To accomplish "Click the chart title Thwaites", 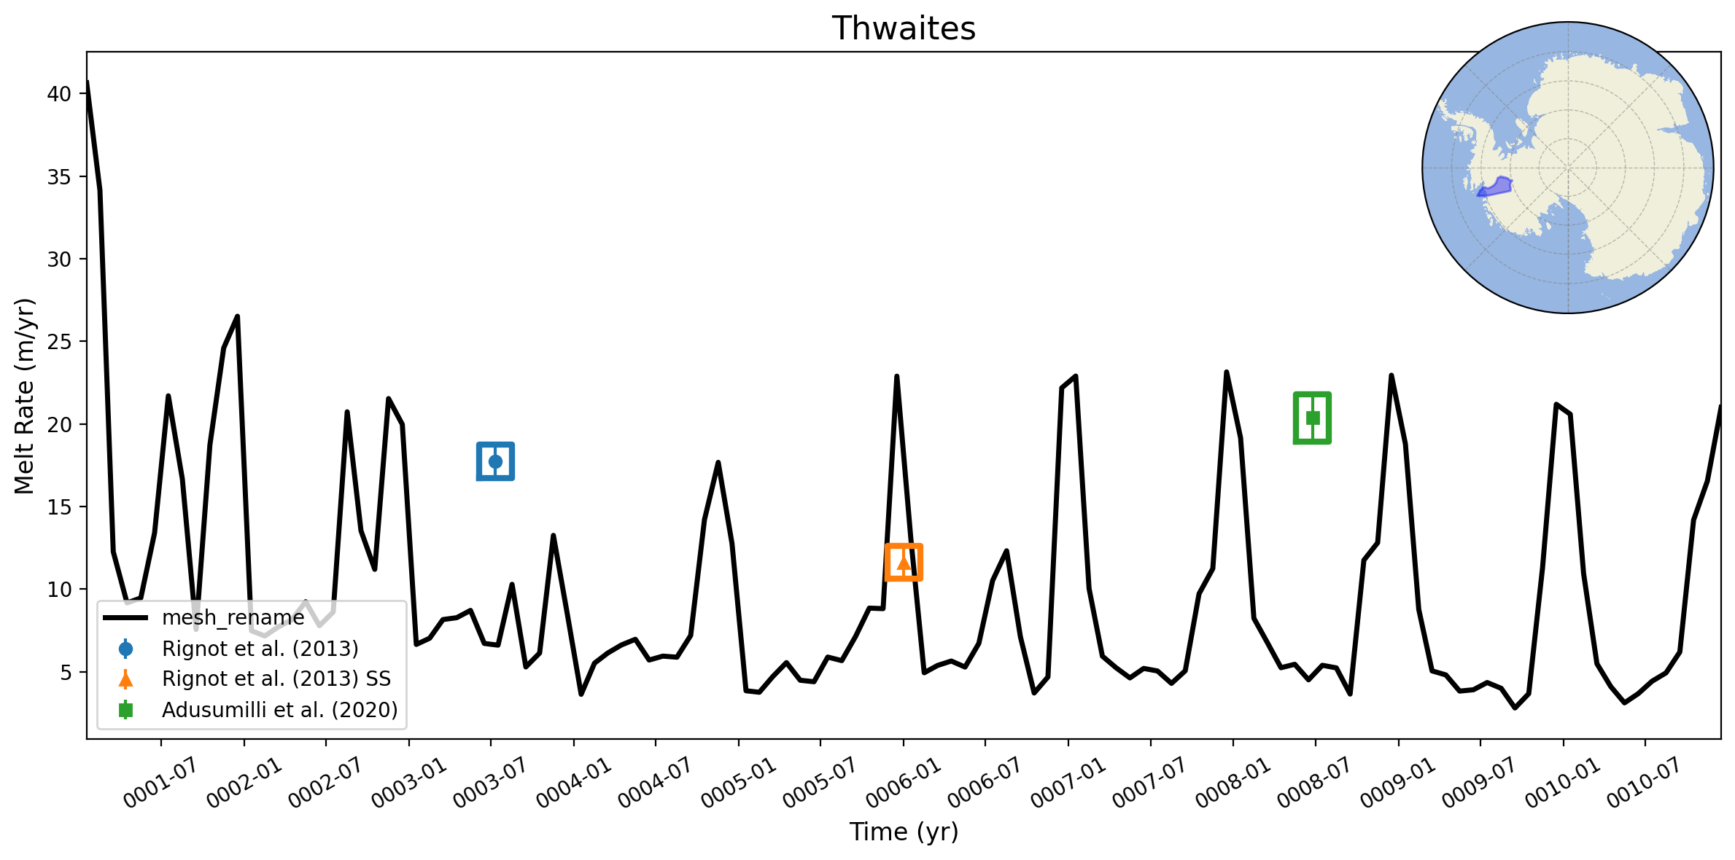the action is [904, 28].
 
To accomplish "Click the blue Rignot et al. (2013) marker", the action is [495, 461].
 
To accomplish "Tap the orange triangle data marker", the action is [904, 563].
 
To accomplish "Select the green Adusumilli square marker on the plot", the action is [1312, 418].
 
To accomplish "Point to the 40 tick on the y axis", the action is [60, 94].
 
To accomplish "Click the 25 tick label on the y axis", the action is [60, 342].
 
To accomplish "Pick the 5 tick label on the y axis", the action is [66, 672].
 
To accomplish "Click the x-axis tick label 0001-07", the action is [160, 783].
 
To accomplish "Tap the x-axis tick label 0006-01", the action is [904, 783].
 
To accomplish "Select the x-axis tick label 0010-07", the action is [1645, 783].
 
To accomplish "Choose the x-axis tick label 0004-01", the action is [574, 783].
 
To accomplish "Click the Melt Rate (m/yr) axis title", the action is [25, 396].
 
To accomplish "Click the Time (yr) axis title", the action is [904, 832].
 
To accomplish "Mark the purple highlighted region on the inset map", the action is [1495, 187].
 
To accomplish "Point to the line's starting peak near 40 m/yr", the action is [88, 82].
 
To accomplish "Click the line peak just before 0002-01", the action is [237, 316].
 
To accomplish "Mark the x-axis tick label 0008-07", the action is [1315, 783].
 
